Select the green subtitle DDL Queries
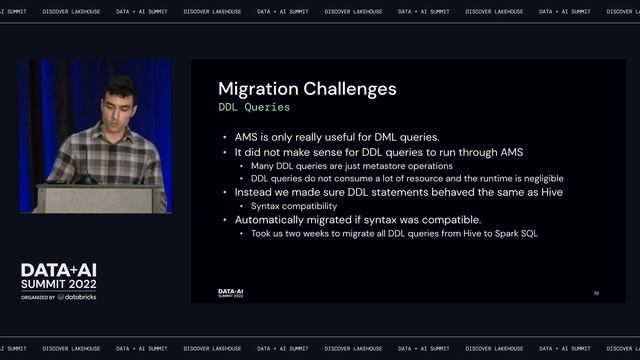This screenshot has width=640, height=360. (x=254, y=106)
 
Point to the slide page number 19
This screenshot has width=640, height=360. (x=596, y=293)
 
